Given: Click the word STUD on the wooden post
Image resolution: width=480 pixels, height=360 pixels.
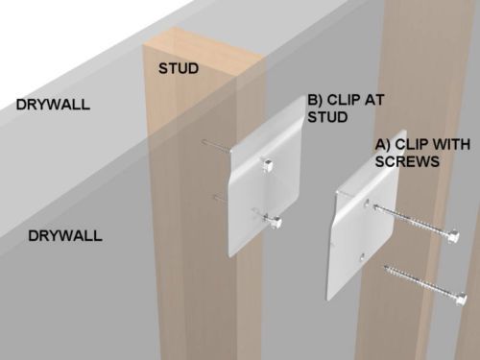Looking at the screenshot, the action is click(x=179, y=68).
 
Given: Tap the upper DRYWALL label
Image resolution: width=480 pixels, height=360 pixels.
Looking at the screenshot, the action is click(x=53, y=105).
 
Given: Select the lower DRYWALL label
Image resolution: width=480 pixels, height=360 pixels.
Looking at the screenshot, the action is click(x=65, y=236).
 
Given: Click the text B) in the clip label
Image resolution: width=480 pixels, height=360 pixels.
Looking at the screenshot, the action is click(x=315, y=100).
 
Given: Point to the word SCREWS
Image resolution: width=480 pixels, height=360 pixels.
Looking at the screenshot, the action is click(x=407, y=161).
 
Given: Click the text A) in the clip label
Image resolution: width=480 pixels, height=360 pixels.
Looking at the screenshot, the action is click(x=383, y=144).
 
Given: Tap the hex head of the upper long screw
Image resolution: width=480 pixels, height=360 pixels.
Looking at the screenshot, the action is click(x=454, y=236).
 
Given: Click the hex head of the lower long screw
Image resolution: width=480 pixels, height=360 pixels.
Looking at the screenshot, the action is click(x=461, y=299).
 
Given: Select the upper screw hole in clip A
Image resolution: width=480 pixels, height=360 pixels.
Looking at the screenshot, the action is click(x=367, y=203).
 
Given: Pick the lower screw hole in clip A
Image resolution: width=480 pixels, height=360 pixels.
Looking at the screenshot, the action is click(x=362, y=256).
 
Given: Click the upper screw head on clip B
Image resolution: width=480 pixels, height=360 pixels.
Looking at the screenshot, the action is click(x=268, y=166).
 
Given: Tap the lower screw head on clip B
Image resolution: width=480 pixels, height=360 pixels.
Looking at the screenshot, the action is click(x=276, y=223).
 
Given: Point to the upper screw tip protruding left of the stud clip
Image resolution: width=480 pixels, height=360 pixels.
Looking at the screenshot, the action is click(x=216, y=145).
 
